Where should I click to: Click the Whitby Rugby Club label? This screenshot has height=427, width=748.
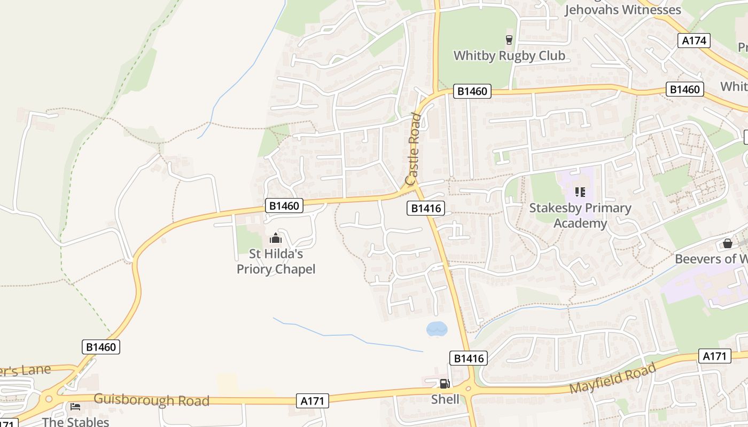pyautogui.click(x=509, y=56)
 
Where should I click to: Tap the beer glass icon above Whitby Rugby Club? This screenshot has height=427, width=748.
pyautogui.click(x=509, y=39)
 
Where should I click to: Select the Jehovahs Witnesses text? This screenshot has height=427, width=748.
pyautogui.click(x=622, y=10)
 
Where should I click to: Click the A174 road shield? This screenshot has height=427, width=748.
pyautogui.click(x=694, y=41)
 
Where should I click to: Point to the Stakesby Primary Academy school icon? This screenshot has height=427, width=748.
pyautogui.click(x=580, y=192)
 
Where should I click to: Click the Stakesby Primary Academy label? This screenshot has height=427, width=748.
pyautogui.click(x=580, y=215)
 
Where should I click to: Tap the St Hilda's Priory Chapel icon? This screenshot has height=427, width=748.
pyautogui.click(x=276, y=238)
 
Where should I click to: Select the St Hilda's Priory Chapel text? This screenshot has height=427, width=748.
pyautogui.click(x=276, y=262)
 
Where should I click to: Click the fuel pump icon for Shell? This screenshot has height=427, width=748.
pyautogui.click(x=445, y=383)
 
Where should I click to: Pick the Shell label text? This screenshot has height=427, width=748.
pyautogui.click(x=445, y=399)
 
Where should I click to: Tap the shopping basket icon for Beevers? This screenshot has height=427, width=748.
pyautogui.click(x=727, y=243)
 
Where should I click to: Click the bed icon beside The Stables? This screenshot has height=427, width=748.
pyautogui.click(x=75, y=407)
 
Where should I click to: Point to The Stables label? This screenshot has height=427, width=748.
pyautogui.click(x=75, y=422)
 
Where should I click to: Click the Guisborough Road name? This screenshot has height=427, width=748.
pyautogui.click(x=151, y=400)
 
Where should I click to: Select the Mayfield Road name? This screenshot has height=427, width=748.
pyautogui.click(x=612, y=378)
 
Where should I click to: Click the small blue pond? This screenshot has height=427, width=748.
pyautogui.click(x=437, y=329)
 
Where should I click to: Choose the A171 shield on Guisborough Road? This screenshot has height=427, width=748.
pyautogui.click(x=313, y=400)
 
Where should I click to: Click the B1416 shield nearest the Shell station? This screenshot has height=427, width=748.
pyautogui.click(x=469, y=358)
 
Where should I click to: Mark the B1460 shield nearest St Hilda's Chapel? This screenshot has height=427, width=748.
pyautogui.click(x=284, y=205)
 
